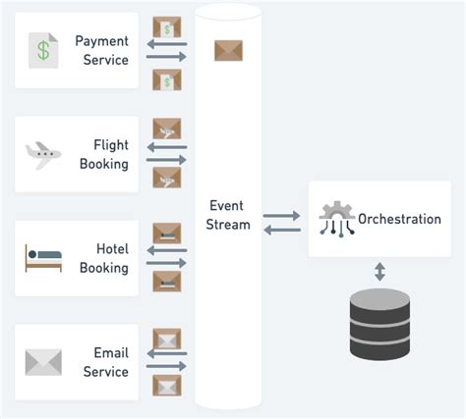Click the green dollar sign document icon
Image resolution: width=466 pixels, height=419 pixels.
(x=42, y=50)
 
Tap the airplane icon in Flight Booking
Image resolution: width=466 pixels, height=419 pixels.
(x=42, y=154)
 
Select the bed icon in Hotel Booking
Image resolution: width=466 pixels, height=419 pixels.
(x=42, y=258)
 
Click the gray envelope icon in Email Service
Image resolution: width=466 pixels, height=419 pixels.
(x=42, y=362)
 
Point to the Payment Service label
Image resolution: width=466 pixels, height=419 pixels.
(x=102, y=51)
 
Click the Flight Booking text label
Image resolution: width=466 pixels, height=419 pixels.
(x=104, y=155)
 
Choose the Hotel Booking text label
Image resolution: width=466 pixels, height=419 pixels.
(x=104, y=259)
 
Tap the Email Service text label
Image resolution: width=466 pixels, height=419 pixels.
(x=105, y=363)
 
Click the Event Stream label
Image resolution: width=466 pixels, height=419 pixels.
(x=229, y=215)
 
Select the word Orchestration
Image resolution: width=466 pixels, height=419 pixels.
(x=399, y=219)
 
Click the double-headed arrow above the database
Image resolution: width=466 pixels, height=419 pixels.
(x=379, y=271)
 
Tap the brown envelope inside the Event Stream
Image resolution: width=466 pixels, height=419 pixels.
(x=228, y=50)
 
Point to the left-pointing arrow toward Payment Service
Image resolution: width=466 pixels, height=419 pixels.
(x=165, y=44)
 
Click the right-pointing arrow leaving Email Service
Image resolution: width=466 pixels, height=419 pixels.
(x=165, y=368)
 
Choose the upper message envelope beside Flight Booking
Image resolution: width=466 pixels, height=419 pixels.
(x=166, y=129)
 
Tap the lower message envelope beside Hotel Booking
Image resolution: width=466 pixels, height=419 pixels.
(x=166, y=281)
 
